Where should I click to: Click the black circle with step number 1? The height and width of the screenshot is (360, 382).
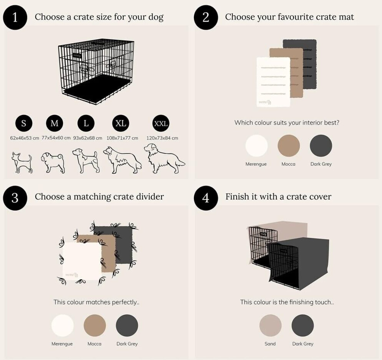[x=15, y=18]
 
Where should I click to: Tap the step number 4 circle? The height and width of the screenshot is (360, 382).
[x=206, y=198]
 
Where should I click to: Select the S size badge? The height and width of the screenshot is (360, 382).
[x=24, y=123]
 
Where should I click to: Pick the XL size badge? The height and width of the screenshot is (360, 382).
[x=121, y=123]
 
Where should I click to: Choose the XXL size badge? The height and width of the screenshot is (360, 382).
[x=160, y=123]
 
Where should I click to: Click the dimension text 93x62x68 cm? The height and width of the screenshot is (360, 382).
[x=88, y=138]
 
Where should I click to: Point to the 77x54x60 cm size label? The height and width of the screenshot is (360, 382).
[x=56, y=138]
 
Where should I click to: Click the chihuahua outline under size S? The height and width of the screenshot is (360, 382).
[x=21, y=162]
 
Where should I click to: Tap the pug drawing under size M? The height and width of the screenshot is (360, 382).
[x=53, y=162]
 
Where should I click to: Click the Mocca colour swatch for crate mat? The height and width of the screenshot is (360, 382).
[x=289, y=146]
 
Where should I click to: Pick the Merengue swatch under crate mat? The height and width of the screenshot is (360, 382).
[x=256, y=146]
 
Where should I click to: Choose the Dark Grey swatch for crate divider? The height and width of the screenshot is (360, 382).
[x=127, y=325]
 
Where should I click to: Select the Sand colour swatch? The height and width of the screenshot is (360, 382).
[x=270, y=325]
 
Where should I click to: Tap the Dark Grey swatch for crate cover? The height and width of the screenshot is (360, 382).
[x=303, y=325]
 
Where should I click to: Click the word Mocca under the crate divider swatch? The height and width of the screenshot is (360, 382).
[x=94, y=343]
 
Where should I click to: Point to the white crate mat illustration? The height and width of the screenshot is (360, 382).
[x=273, y=82]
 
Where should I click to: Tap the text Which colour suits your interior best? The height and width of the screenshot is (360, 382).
[x=287, y=122]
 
